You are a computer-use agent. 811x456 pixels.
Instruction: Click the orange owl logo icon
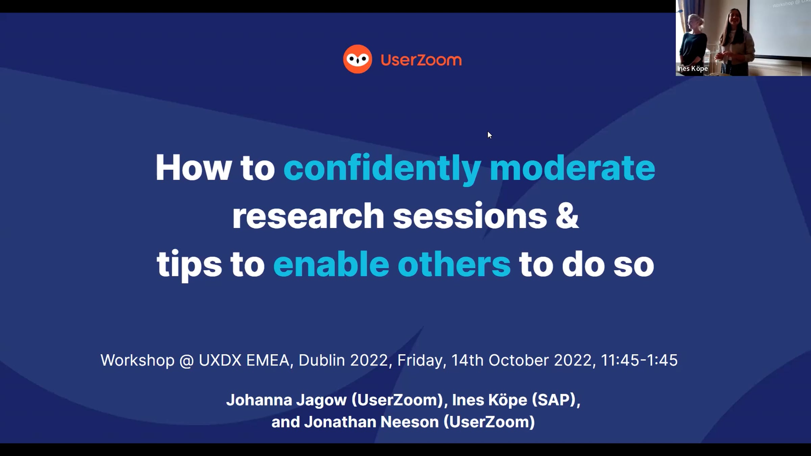358,59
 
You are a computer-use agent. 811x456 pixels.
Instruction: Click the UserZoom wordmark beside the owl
421,60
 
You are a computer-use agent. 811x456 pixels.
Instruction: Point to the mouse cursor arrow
490,135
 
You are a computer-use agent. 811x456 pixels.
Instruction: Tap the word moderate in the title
572,168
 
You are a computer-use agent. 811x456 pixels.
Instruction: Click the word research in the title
308,216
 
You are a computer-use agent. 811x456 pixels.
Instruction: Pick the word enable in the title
331,264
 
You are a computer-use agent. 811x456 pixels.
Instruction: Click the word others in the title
454,264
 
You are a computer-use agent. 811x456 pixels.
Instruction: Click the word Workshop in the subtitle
138,360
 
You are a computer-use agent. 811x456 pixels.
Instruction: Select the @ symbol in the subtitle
187,361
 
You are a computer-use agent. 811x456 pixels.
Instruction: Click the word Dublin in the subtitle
322,360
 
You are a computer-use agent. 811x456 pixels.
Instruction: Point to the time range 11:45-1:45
639,360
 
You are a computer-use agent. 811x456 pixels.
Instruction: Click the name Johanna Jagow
287,400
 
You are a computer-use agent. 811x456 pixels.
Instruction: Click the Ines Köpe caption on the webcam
692,69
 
